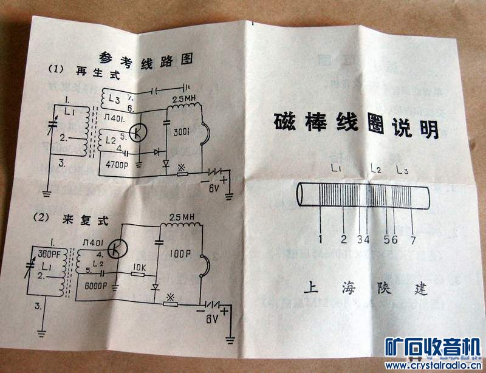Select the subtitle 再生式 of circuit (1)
pos(104,75)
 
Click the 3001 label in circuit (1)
pos(182,131)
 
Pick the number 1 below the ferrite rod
pos(320,238)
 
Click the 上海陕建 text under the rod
pos(365,288)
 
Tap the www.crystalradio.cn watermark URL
pos(431,366)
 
